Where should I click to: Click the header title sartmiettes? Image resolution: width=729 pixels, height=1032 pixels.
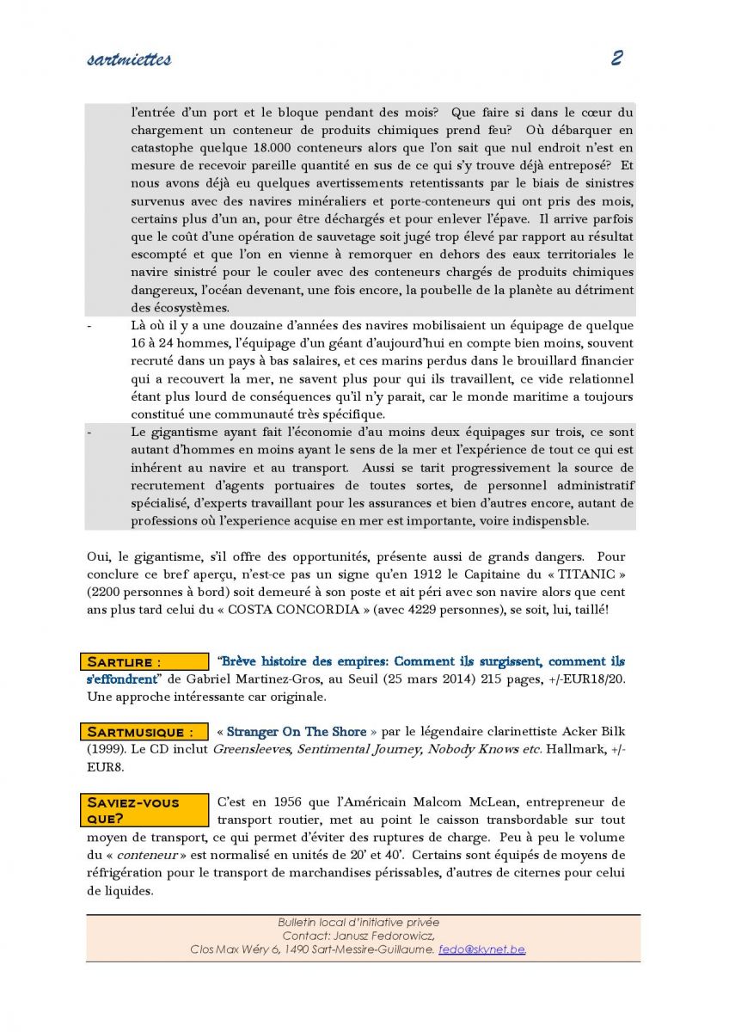click(x=129, y=59)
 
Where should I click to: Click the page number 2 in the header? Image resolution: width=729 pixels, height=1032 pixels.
click(x=616, y=58)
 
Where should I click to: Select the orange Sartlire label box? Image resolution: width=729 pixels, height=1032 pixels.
click(x=147, y=662)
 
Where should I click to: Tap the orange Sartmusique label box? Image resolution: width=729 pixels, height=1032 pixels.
click(x=147, y=732)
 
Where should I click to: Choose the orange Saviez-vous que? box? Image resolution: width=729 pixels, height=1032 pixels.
click(x=147, y=810)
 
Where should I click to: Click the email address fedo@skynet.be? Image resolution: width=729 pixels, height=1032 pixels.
click(x=481, y=949)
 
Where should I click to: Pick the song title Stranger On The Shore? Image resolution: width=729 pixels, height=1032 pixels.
click(x=297, y=732)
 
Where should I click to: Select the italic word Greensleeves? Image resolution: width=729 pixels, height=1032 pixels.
click(x=248, y=749)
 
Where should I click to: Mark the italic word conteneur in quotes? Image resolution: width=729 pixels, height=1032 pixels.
click(x=143, y=856)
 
